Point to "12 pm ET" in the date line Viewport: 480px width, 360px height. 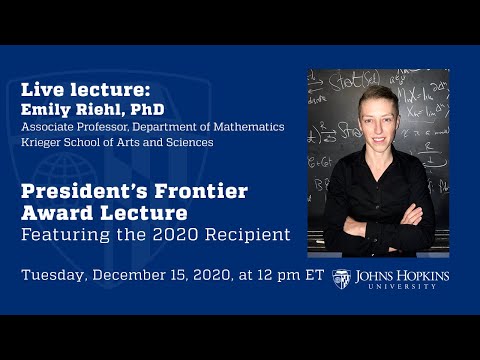click(291, 275)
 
